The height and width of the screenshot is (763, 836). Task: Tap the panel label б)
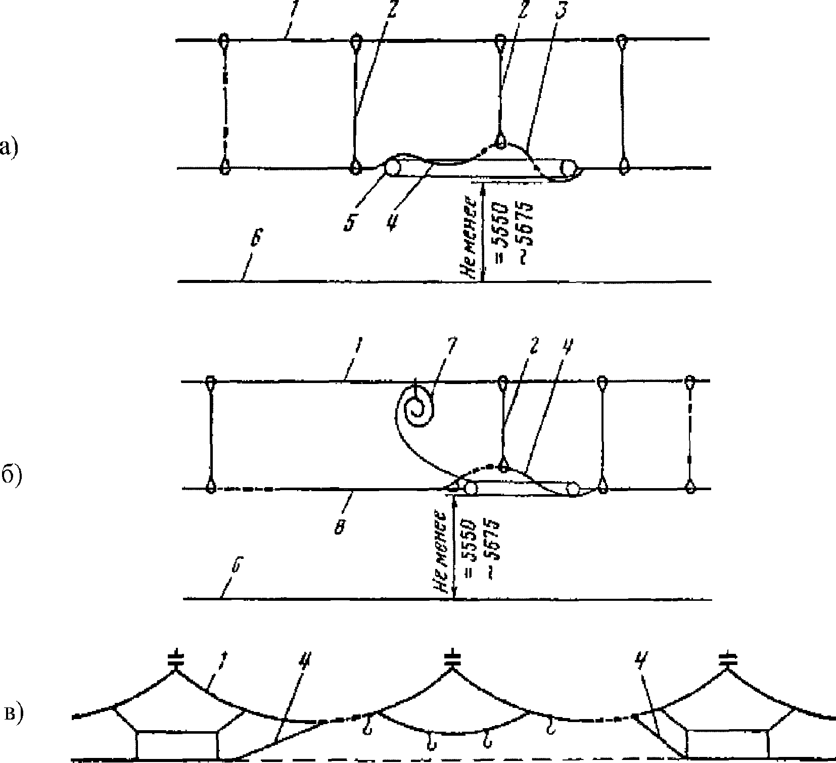pos(11,476)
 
